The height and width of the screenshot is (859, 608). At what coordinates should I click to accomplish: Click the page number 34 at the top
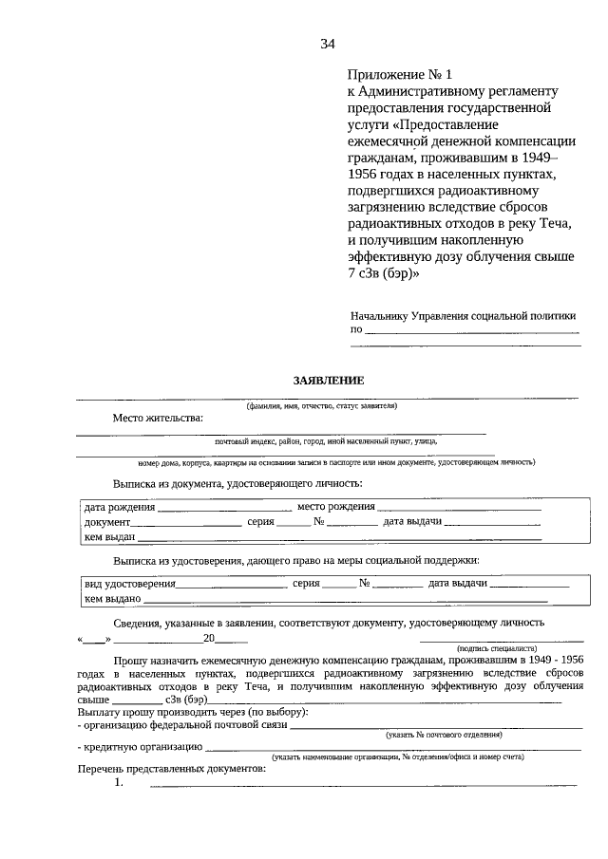(x=328, y=44)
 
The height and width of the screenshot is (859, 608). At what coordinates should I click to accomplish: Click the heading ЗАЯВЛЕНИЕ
(x=328, y=381)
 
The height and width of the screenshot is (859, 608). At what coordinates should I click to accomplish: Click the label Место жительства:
(x=158, y=418)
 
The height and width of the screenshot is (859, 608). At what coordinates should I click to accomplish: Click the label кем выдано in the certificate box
(x=112, y=599)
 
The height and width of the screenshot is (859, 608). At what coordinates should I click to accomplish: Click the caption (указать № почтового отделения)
(x=444, y=735)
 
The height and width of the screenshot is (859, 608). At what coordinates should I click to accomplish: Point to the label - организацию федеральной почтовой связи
(x=180, y=725)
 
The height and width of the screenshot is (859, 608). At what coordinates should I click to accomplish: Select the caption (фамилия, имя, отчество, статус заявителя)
(x=321, y=404)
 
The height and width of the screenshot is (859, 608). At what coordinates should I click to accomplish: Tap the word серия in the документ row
(x=260, y=522)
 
